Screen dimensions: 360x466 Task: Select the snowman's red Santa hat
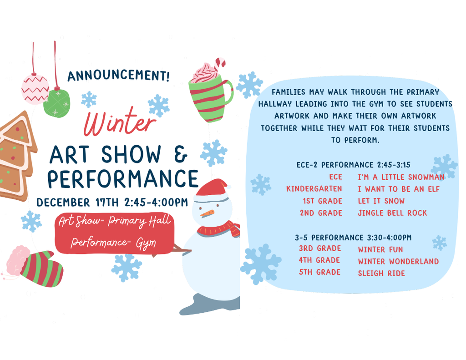tap(212, 187)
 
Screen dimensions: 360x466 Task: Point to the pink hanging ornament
tap(35, 89)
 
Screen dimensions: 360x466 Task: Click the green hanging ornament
tap(57, 103)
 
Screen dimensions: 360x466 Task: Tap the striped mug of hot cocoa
tap(210, 96)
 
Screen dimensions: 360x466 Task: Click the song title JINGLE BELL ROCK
tap(392, 213)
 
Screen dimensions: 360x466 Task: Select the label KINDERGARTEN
tap(314, 188)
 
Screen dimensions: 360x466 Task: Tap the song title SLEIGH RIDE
tap(381, 273)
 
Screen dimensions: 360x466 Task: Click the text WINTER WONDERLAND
tap(398, 261)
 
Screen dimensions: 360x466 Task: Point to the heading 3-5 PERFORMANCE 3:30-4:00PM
tap(353, 237)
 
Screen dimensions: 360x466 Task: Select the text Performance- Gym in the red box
tap(113, 243)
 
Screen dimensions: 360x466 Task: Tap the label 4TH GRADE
tap(319, 260)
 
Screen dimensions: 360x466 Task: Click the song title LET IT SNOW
tap(381, 201)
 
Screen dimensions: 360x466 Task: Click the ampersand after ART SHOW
tap(181, 155)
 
